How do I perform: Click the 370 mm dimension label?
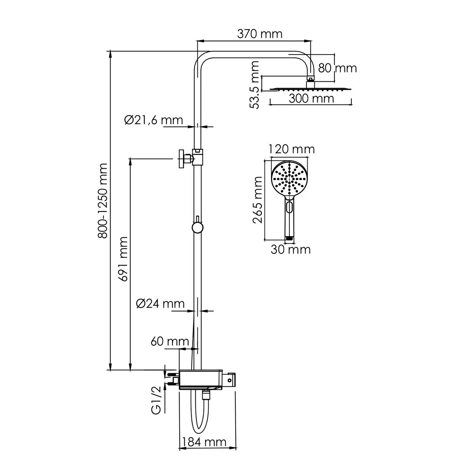pos(260,34)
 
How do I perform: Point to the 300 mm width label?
pos(312,99)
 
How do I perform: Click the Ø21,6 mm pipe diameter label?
pos(154,120)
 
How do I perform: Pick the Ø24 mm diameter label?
pos(160,304)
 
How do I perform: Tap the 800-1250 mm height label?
pos(102,200)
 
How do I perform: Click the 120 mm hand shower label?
pos(292,149)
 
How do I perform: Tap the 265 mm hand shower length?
pos(257,200)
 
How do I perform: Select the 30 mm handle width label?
pos(290,250)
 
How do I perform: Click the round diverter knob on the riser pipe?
pos(197,227)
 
